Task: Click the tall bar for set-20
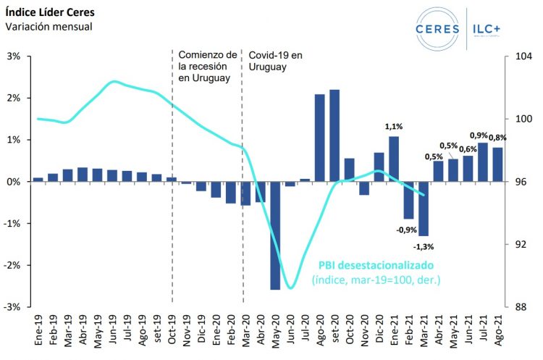click(x=334, y=135)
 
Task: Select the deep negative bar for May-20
click(x=275, y=235)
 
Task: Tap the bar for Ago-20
click(x=319, y=138)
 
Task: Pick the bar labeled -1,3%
click(x=424, y=209)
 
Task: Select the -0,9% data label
click(x=406, y=230)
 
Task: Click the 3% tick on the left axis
click(x=14, y=56)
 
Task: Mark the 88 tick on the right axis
click(x=518, y=307)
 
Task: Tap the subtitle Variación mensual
click(x=49, y=27)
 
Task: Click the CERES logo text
click(x=439, y=28)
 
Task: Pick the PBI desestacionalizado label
click(x=376, y=266)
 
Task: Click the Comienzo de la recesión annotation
click(x=208, y=66)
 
